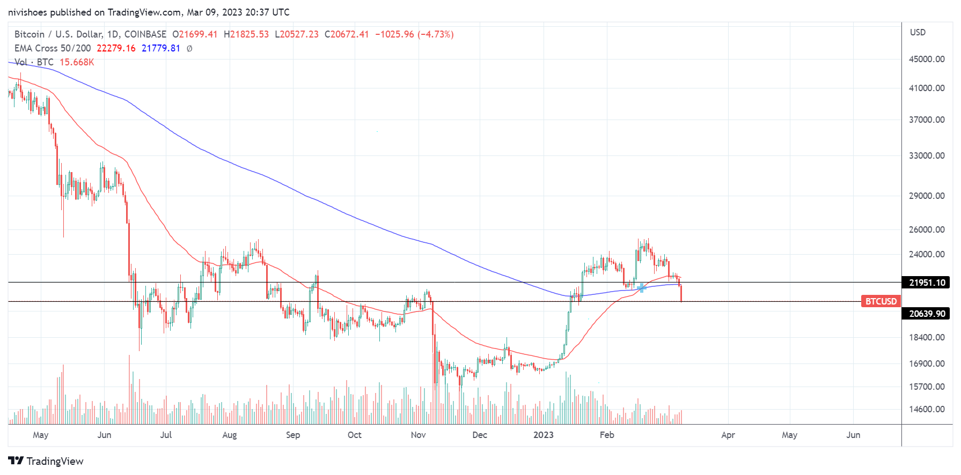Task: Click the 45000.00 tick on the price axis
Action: (926, 59)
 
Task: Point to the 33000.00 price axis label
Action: (926, 155)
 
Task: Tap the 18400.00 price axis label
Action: (926, 337)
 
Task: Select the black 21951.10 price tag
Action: (927, 283)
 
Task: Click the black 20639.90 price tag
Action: (927, 314)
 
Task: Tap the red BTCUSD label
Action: (881, 301)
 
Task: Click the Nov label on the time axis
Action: (418, 435)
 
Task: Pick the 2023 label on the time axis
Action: (543, 435)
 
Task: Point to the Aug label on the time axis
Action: (229, 435)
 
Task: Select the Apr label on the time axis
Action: (728, 435)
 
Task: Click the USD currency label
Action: (918, 32)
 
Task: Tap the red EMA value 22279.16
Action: (116, 48)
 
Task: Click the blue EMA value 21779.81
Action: (160, 48)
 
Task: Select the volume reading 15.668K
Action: (77, 62)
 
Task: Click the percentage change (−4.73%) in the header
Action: (435, 34)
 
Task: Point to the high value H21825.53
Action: (246, 34)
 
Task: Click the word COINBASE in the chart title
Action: (145, 34)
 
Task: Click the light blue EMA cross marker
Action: (642, 288)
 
